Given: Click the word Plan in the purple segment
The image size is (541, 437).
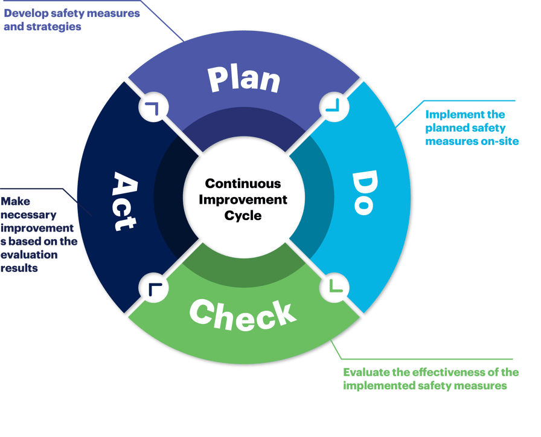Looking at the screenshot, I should tap(244, 79).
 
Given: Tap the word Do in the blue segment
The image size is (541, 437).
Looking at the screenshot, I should tap(363, 192).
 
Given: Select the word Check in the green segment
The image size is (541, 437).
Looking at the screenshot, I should tap(243, 314).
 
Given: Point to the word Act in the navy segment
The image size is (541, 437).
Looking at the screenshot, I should tap(124, 201).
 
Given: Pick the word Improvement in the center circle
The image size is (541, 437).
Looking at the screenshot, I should tap(243, 199).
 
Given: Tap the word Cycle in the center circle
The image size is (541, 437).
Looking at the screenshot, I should tap(243, 215).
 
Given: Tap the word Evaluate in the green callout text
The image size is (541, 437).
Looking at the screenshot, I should tap(365, 372).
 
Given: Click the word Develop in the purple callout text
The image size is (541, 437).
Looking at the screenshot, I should tap(25, 13).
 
